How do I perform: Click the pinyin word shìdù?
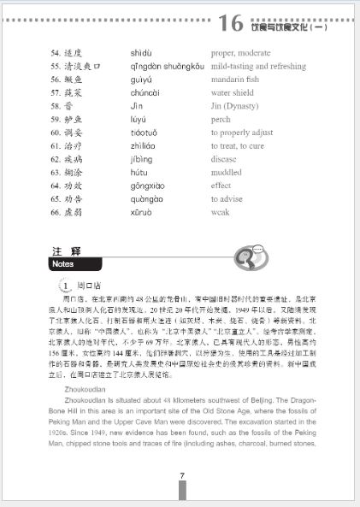[143, 51]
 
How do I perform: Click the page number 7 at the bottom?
[181, 477]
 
